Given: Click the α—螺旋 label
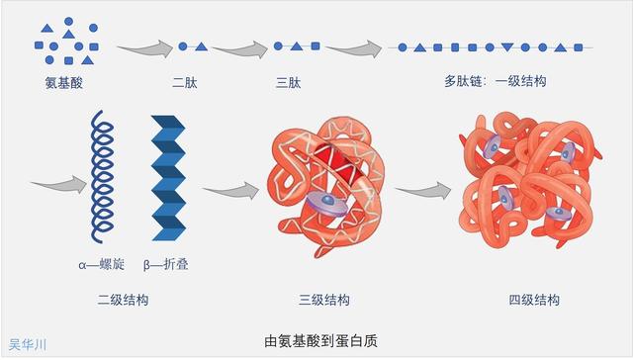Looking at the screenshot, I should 99,264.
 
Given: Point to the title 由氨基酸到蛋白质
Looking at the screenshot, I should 317,341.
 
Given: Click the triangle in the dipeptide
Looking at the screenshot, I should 201,46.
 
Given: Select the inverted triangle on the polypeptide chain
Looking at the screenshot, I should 507,47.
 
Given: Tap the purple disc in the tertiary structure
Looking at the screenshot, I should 322,203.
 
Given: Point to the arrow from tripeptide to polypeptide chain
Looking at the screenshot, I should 354,47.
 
